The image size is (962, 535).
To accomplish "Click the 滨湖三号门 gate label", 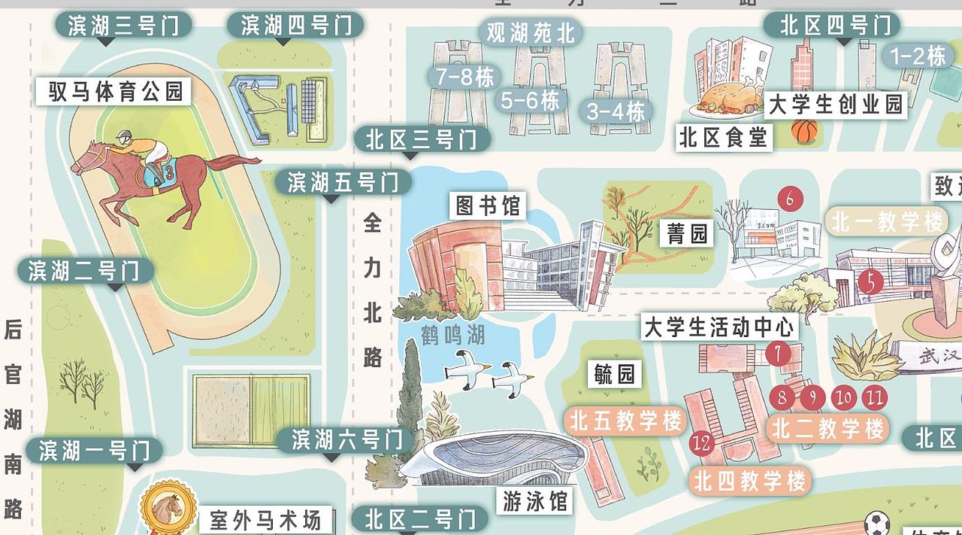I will pyautogui.click(x=123, y=26).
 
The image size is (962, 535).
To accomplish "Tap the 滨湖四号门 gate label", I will pyautogui.click(x=295, y=26).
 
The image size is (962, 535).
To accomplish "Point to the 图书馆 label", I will pyautogui.click(x=488, y=205).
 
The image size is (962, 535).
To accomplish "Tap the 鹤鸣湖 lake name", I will pyautogui.click(x=452, y=334).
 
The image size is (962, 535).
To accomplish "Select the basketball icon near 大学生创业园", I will pyautogui.click(x=803, y=132).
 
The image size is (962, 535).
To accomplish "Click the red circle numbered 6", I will pyautogui.click(x=789, y=199).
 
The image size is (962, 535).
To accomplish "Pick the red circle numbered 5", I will pyautogui.click(x=870, y=282).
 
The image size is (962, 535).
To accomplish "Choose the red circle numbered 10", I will pyautogui.click(x=844, y=397).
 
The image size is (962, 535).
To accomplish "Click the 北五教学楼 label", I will pyautogui.click(x=625, y=421).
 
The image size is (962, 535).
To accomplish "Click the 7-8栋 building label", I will pyautogui.click(x=464, y=77).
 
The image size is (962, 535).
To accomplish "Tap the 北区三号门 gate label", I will pyautogui.click(x=422, y=139).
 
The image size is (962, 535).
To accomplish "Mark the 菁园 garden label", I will pyautogui.click(x=688, y=234).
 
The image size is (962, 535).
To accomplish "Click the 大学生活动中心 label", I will pyautogui.click(x=719, y=327).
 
